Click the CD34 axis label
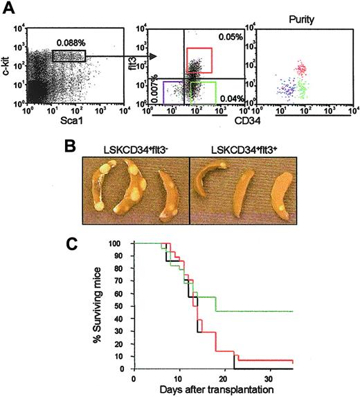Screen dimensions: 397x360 pos(235,125)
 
